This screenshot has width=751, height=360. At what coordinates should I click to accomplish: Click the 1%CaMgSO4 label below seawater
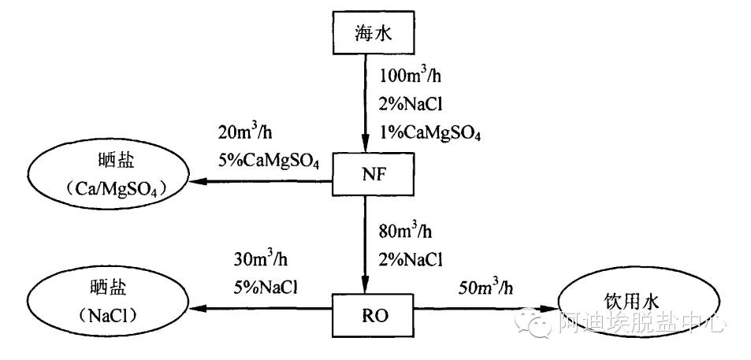[430, 132]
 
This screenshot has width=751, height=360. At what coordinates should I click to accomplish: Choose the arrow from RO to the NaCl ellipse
[260, 310]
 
